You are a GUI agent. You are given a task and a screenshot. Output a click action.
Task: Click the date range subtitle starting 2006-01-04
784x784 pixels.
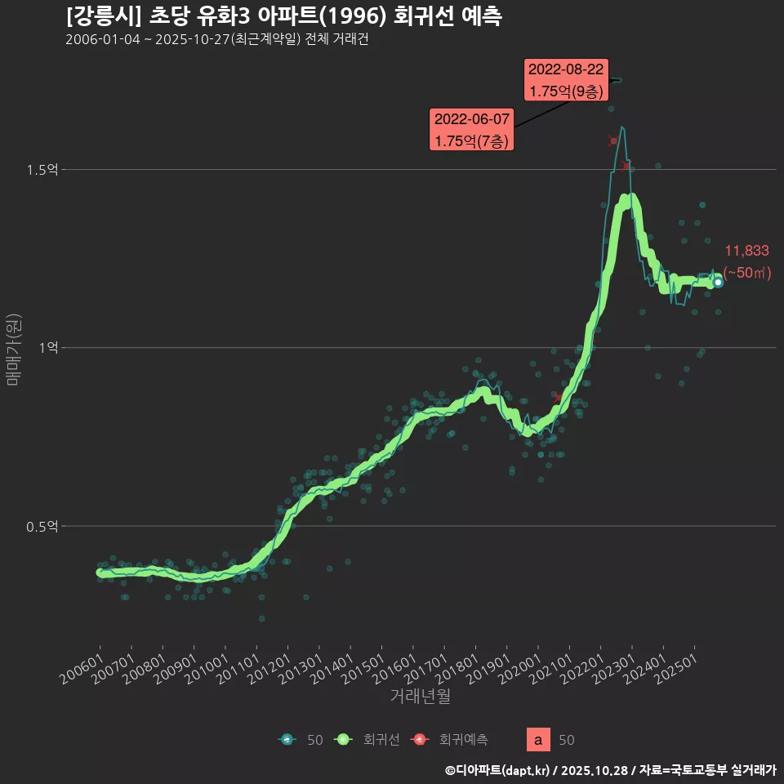click(216, 40)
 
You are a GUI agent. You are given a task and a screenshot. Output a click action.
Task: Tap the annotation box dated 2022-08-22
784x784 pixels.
click(566, 80)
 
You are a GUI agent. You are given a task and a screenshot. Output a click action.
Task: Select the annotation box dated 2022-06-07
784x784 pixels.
click(472, 130)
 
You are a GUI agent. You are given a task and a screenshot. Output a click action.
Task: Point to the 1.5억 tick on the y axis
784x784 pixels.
click(42, 170)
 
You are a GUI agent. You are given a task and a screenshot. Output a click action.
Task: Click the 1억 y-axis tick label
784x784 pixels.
click(48, 348)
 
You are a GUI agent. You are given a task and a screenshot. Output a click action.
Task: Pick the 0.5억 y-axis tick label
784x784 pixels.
click(42, 526)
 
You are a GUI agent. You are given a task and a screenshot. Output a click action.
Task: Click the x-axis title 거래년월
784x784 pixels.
click(420, 697)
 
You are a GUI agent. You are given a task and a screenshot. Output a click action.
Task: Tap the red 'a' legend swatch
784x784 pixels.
click(537, 740)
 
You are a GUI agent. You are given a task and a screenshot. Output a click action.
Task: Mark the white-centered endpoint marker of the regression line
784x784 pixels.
click(718, 283)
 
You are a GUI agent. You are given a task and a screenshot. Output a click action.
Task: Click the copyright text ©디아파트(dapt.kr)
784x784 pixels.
click(501, 770)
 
